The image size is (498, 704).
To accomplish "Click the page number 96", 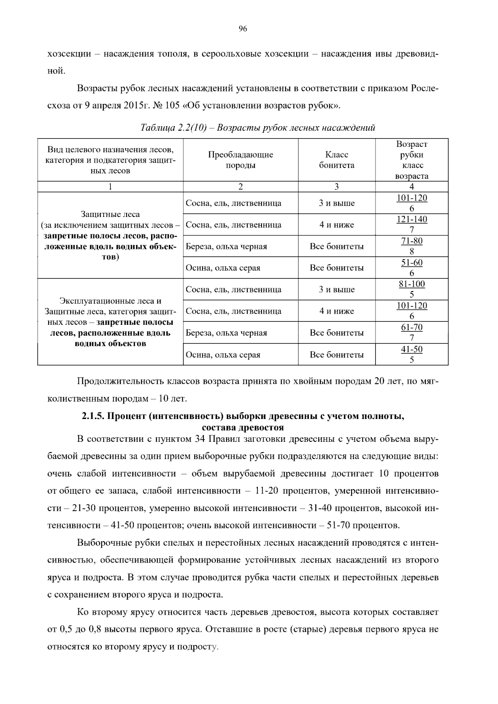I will tap(243, 29).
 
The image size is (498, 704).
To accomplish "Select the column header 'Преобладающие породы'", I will tap(241, 160).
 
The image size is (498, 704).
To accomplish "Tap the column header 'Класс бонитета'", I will tap(337, 160).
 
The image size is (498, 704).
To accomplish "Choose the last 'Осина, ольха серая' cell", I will tap(223, 355).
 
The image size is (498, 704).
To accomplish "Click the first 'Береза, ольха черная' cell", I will tap(226, 246).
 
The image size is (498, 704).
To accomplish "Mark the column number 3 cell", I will tap(337, 187).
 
